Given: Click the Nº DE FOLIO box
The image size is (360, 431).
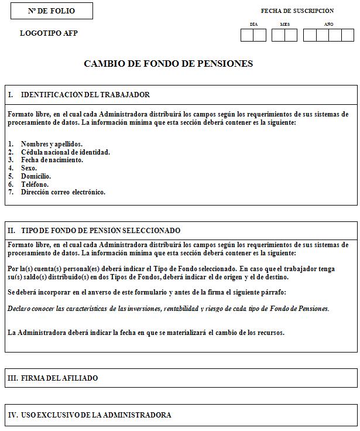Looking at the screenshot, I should pyautogui.click(x=52, y=11).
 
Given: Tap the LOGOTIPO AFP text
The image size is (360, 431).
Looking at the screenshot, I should pyautogui.click(x=49, y=33).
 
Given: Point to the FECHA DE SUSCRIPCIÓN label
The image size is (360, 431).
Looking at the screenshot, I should pyautogui.click(x=297, y=11).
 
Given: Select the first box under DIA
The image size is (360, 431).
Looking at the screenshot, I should pyautogui.click(x=247, y=35).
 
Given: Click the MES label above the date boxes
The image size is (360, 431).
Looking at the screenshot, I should pyautogui.click(x=285, y=25).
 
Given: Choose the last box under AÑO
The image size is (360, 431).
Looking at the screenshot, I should pyautogui.click(x=348, y=35).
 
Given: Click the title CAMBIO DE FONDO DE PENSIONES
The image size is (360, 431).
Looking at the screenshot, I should pyautogui.click(x=169, y=64).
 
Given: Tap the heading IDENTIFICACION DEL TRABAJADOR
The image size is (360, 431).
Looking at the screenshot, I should pyautogui.click(x=85, y=95).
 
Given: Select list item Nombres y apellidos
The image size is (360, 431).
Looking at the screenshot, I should pyautogui.click(x=52, y=144).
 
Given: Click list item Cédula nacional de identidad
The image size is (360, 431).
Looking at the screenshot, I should pyautogui.click(x=65, y=152).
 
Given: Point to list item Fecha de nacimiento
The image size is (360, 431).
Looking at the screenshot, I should pyautogui.click(x=52, y=160).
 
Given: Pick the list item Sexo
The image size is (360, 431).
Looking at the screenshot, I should pyautogui.click(x=29, y=168).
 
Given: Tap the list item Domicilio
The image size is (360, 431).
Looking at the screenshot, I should pyautogui.click(x=36, y=176).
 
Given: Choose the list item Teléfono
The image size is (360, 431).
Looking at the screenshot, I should pyautogui.click(x=35, y=184).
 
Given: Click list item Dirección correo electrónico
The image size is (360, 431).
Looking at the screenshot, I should pyautogui.click(x=63, y=192).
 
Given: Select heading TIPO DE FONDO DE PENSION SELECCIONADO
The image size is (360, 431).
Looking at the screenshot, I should pyautogui.click(x=101, y=231).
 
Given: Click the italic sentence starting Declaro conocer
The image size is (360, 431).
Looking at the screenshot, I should pyautogui.click(x=169, y=309).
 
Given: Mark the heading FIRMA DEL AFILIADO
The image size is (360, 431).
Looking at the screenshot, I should pyautogui.click(x=59, y=379).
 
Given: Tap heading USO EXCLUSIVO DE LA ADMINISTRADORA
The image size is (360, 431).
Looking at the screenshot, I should pyautogui.click(x=96, y=415).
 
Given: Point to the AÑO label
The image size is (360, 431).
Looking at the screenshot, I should pyautogui.click(x=329, y=25).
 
